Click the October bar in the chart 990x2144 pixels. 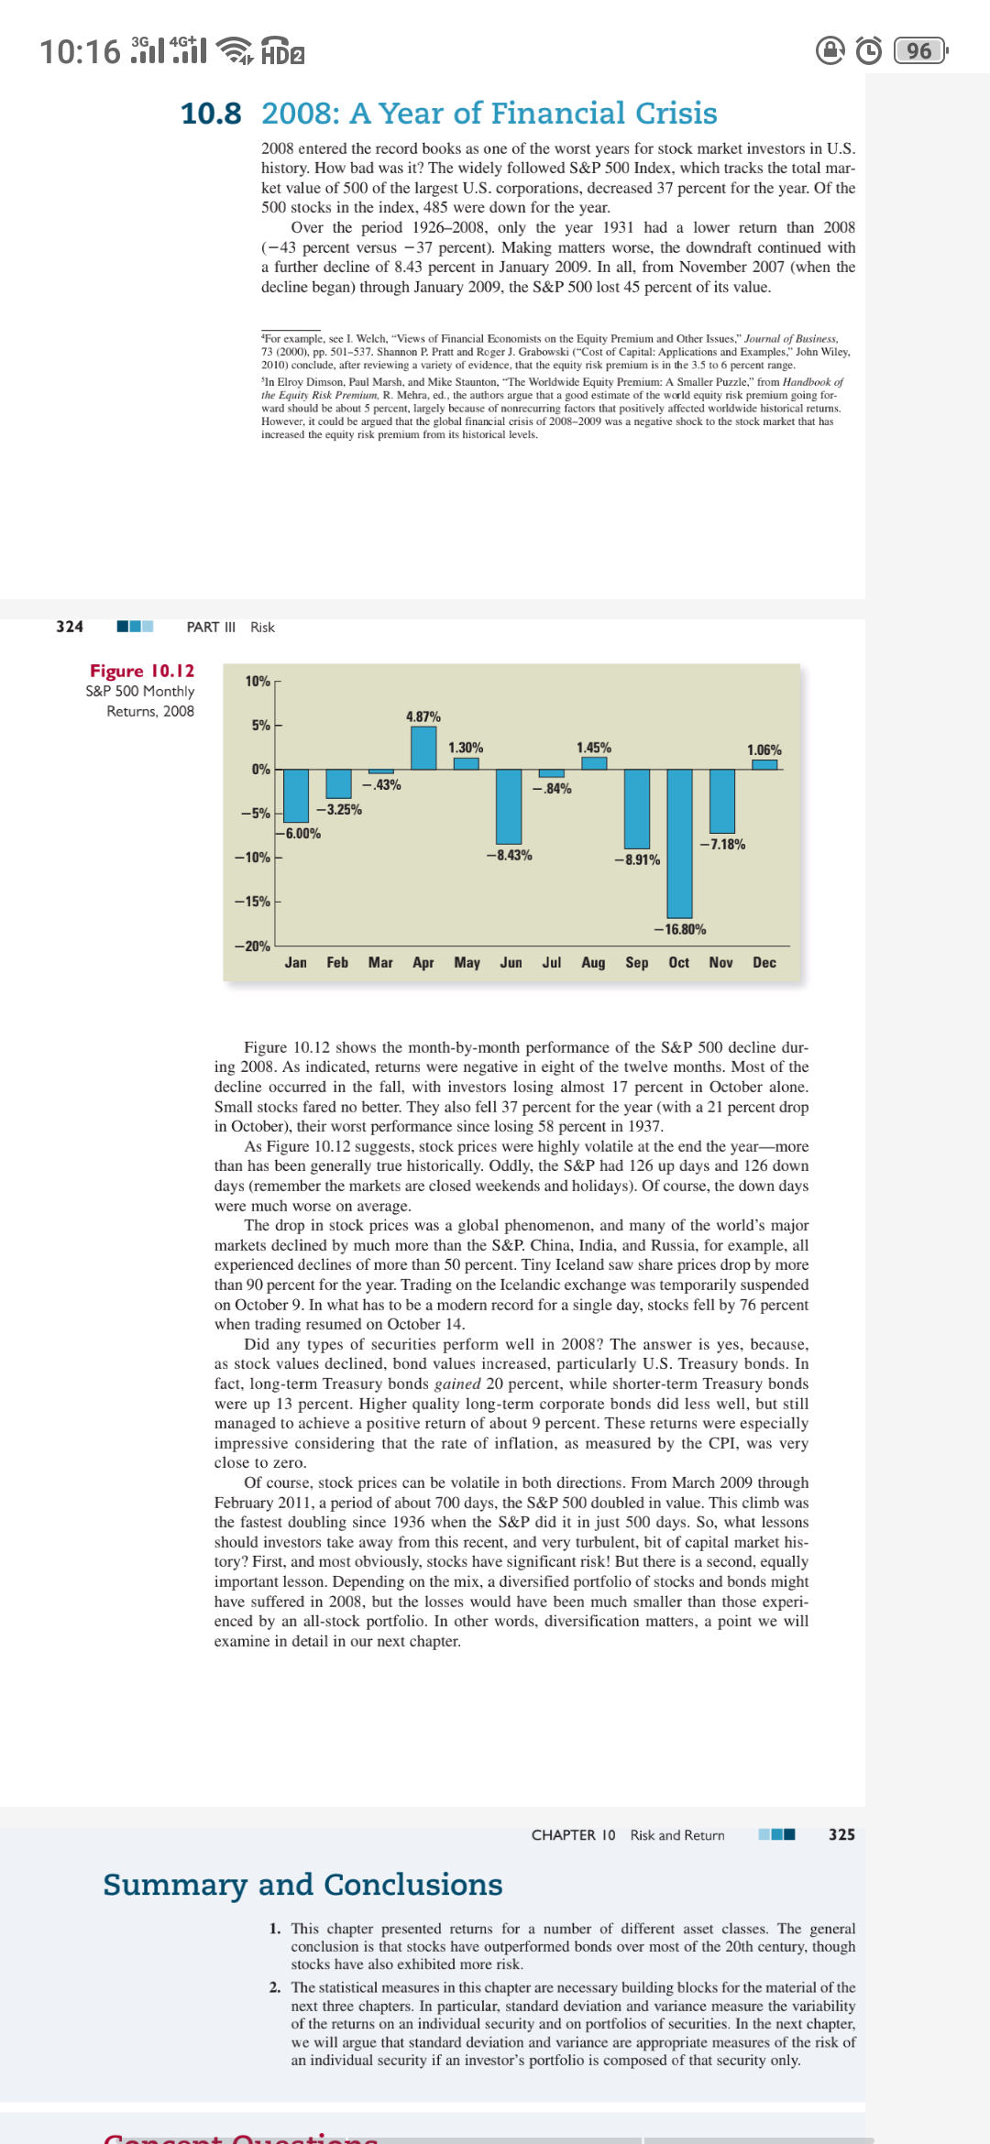tap(679, 843)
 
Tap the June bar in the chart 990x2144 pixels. tap(509, 806)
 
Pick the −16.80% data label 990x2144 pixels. tap(680, 929)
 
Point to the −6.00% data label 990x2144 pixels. tap(302, 834)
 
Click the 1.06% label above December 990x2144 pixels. tap(764, 750)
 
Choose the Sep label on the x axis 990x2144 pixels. tap(637, 963)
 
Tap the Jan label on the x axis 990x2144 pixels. tap(296, 963)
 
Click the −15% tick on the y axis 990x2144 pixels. tap(252, 902)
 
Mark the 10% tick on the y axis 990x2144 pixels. tap(258, 682)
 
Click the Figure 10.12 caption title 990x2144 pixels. tap(142, 672)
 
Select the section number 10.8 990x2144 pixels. tap(211, 114)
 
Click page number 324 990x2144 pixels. tap(70, 627)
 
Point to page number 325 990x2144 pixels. tap(841, 1834)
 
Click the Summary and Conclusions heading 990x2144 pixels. tap(302, 1885)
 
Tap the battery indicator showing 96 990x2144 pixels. tap(919, 50)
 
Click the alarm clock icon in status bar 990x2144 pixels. tap(869, 50)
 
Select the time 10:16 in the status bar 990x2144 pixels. tap(80, 51)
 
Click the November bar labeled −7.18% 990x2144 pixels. tap(722, 801)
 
